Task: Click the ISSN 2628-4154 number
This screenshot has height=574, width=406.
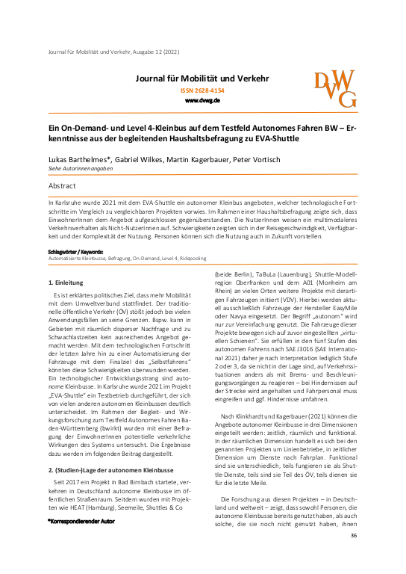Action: (202, 90)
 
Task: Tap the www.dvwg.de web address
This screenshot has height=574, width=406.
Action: (202, 99)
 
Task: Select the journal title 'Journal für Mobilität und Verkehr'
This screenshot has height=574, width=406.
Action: (202, 78)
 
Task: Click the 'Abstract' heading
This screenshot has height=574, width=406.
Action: (62, 183)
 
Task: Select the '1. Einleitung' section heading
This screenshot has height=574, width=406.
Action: (67, 262)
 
